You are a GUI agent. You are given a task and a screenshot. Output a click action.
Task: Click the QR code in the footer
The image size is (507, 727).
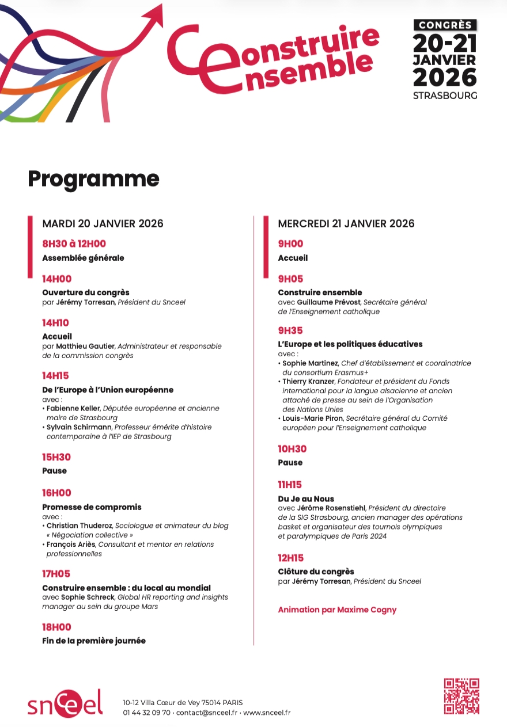click(461, 696)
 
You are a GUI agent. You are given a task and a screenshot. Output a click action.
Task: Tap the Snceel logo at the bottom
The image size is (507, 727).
click(65, 703)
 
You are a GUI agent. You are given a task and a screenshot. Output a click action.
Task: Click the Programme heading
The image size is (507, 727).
click(93, 179)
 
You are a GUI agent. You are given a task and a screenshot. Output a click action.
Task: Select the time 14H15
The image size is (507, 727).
click(55, 376)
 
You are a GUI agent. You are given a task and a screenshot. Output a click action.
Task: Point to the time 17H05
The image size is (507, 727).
click(56, 574)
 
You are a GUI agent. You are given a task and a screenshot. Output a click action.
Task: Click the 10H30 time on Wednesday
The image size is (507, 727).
click(292, 449)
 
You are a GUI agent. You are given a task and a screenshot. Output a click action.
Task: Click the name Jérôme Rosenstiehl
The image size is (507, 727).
click(331, 508)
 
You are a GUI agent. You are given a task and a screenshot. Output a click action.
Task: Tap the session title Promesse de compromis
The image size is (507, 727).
click(92, 507)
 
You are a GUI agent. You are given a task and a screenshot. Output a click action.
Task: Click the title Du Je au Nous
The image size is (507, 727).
click(306, 498)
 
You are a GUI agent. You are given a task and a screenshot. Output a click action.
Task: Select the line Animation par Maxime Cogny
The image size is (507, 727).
click(337, 610)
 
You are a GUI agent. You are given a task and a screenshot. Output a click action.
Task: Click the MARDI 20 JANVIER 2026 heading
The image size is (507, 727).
click(103, 223)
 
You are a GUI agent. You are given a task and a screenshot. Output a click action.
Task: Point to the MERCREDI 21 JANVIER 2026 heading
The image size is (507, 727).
click(346, 223)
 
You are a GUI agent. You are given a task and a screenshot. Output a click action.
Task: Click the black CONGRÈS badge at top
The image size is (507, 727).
click(445, 25)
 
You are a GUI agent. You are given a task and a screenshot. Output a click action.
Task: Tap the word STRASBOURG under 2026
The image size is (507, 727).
click(445, 96)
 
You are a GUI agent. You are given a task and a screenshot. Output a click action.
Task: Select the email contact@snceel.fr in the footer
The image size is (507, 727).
click(206, 713)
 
